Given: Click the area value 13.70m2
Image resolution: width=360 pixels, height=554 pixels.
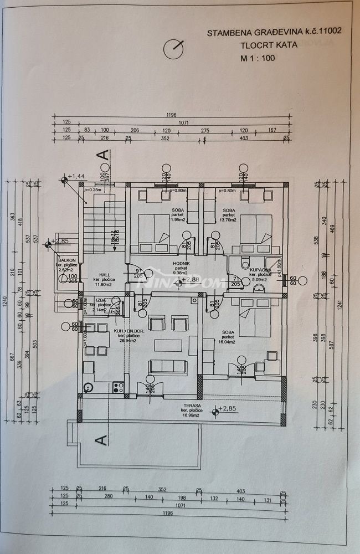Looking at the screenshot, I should pos(228,220).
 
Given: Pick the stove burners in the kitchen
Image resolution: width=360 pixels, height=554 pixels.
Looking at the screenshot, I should pos(117,387).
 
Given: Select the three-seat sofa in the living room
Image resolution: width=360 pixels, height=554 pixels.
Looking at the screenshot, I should pos(165,365).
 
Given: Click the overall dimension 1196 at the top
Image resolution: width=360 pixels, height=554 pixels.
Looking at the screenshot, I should pos(171,115).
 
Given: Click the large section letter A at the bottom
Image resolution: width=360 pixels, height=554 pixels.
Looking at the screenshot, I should pos(101,439).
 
